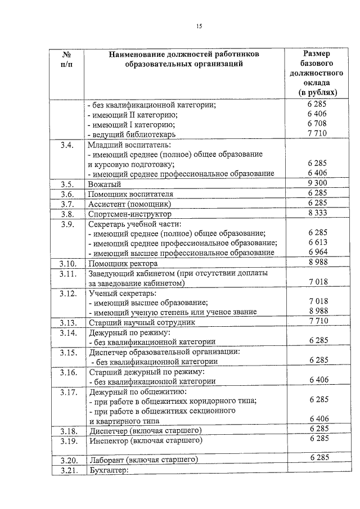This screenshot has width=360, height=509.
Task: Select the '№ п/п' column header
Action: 66,58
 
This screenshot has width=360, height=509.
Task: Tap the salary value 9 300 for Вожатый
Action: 318,183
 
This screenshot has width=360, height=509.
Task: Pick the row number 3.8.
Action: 66,214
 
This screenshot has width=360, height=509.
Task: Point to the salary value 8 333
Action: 318,213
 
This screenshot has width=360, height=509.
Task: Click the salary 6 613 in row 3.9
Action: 318,242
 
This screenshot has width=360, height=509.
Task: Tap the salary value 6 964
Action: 318,253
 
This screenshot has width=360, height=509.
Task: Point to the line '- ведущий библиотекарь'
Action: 132,134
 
